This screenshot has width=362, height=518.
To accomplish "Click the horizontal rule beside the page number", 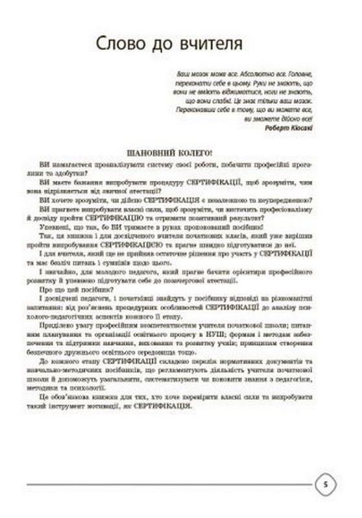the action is pos(169,484).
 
